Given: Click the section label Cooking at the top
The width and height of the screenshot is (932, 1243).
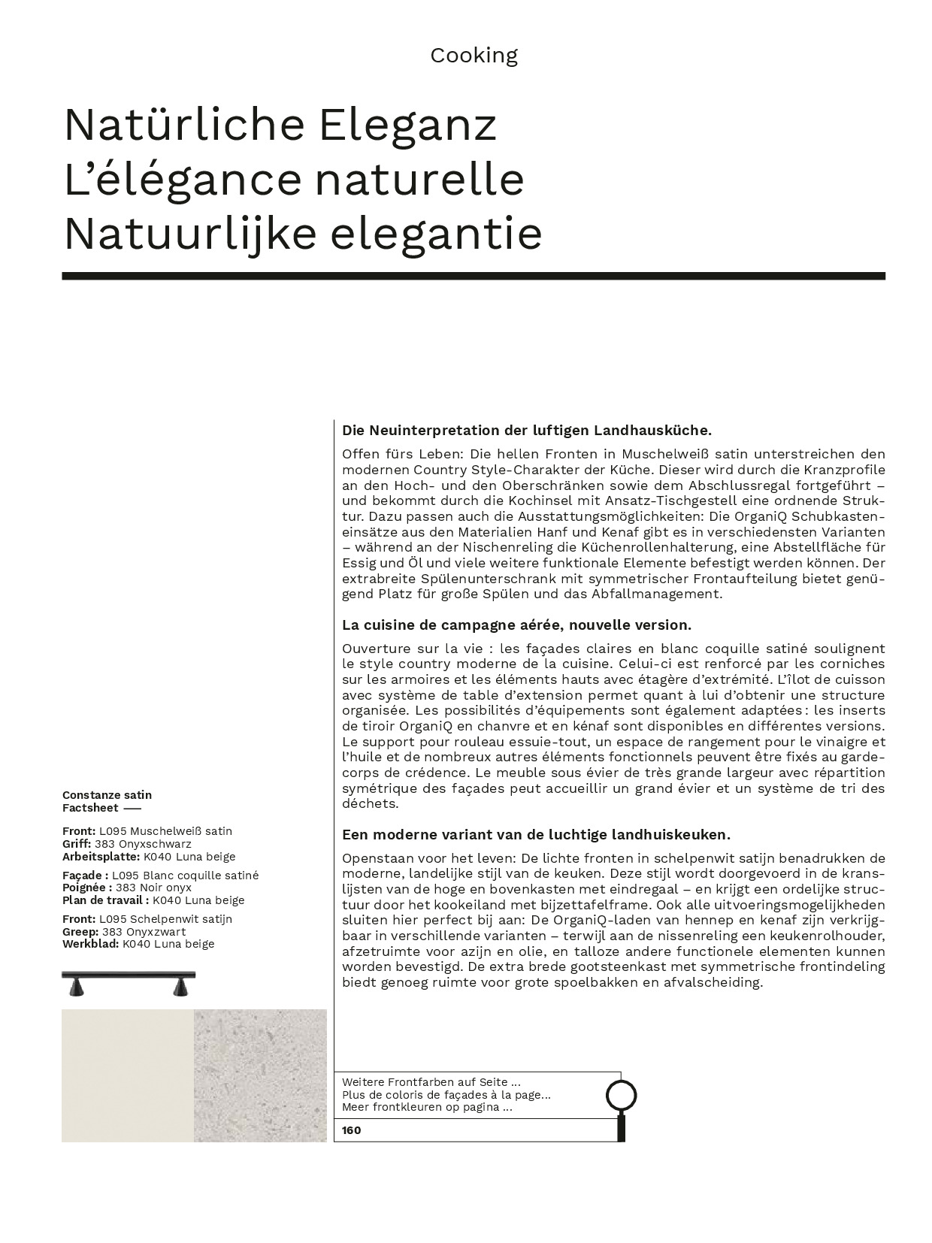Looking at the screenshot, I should click(x=474, y=56).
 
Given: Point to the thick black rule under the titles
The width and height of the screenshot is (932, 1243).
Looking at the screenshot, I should click(x=474, y=276).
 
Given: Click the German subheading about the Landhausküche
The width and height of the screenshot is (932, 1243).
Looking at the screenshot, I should click(x=526, y=431).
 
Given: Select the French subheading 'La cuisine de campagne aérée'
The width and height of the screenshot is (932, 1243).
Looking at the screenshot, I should click(x=516, y=625).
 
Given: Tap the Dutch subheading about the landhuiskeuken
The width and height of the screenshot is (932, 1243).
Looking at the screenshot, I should click(x=536, y=835).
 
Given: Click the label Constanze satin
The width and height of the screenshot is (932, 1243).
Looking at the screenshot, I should click(x=107, y=795).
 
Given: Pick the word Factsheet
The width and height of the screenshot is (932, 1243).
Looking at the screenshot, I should click(x=90, y=808).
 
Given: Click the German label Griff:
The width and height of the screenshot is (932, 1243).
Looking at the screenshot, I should click(x=77, y=844).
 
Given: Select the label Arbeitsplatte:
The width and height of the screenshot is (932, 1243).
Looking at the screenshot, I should click(x=101, y=857).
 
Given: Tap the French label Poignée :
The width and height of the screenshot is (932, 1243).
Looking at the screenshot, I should click(x=87, y=888).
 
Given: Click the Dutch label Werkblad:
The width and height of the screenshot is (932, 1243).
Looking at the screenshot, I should click(x=90, y=944).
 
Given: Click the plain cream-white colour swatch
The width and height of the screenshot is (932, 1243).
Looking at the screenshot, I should click(x=128, y=1075).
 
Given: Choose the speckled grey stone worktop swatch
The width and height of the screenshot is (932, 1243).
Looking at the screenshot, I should click(x=260, y=1075).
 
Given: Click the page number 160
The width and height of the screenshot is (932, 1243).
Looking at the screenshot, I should click(x=351, y=1130).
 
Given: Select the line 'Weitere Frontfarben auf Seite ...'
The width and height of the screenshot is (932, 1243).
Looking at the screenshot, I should click(x=431, y=1083).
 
